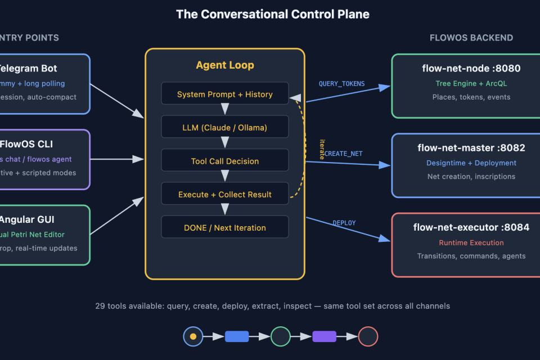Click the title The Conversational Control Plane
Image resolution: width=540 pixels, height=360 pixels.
click(273, 15)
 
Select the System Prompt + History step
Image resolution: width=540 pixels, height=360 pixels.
click(225, 94)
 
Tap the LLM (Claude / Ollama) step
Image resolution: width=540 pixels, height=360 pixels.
click(225, 128)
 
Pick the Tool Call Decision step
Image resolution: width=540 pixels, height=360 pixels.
click(225, 161)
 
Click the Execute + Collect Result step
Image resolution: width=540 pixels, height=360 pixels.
click(225, 194)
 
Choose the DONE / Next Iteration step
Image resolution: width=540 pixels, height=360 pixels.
click(225, 228)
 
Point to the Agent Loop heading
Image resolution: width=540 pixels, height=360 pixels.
click(225, 65)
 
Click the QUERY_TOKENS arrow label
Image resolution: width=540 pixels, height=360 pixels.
click(341, 84)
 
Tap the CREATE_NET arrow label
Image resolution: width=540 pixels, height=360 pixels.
click(343, 154)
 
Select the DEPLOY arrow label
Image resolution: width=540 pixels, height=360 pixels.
click(344, 223)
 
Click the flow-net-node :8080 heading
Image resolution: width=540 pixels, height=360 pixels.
click(471, 69)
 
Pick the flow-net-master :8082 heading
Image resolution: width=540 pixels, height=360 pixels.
click(471, 148)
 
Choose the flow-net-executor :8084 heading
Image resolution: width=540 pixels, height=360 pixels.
click(471, 227)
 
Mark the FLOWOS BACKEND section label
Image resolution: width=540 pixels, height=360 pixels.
click(471, 38)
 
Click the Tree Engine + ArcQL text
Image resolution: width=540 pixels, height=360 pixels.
click(471, 83)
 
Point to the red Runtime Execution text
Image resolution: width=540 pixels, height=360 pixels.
click(471, 242)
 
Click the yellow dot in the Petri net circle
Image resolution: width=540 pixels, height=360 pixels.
click(193, 336)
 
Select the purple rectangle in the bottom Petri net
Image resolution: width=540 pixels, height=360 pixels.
click(324, 336)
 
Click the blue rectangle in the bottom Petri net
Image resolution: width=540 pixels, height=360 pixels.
click(237, 336)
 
